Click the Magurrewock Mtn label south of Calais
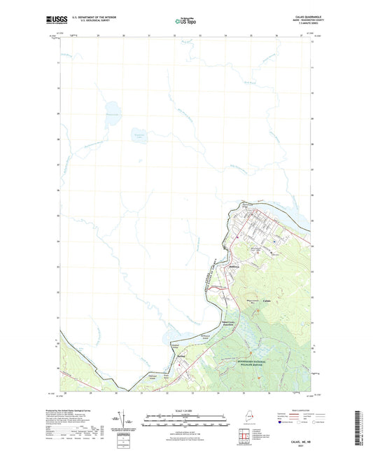[250, 301]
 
